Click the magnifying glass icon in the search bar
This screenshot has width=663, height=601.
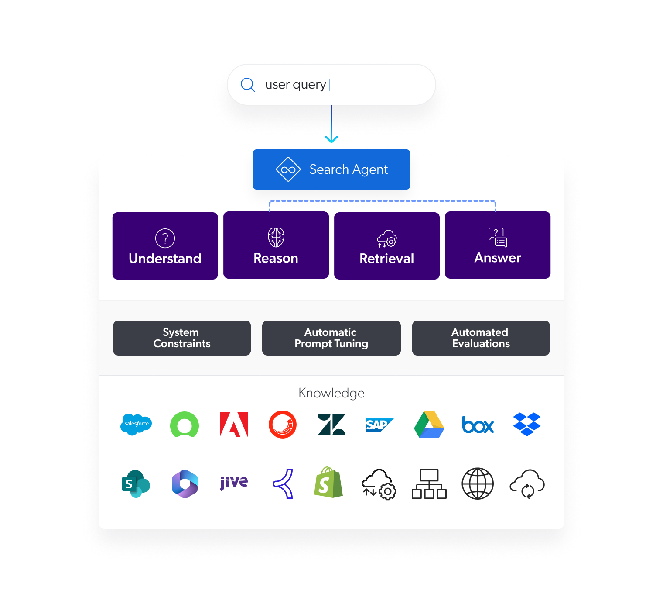click(248, 85)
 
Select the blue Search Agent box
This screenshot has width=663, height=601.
click(331, 169)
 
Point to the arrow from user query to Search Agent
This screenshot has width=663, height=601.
click(331, 124)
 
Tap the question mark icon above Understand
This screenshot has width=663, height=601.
click(165, 238)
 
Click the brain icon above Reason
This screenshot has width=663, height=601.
click(276, 237)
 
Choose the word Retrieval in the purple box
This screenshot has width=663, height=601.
click(387, 259)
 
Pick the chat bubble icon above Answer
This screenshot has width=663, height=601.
click(497, 237)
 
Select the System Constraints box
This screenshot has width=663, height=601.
click(182, 338)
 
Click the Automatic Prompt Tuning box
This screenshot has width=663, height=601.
click(331, 338)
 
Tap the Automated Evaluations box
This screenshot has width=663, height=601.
click(481, 338)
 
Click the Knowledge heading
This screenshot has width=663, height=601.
click(331, 393)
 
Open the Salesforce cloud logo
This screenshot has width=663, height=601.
click(136, 424)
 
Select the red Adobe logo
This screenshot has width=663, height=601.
click(234, 425)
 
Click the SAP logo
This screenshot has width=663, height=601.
click(379, 425)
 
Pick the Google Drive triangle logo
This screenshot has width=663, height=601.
click(429, 424)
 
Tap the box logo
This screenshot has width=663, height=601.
click(478, 425)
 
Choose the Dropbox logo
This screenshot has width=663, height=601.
click(527, 424)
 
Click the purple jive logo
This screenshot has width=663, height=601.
click(234, 482)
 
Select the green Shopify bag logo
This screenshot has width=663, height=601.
click(328, 482)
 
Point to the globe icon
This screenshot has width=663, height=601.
click(478, 483)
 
